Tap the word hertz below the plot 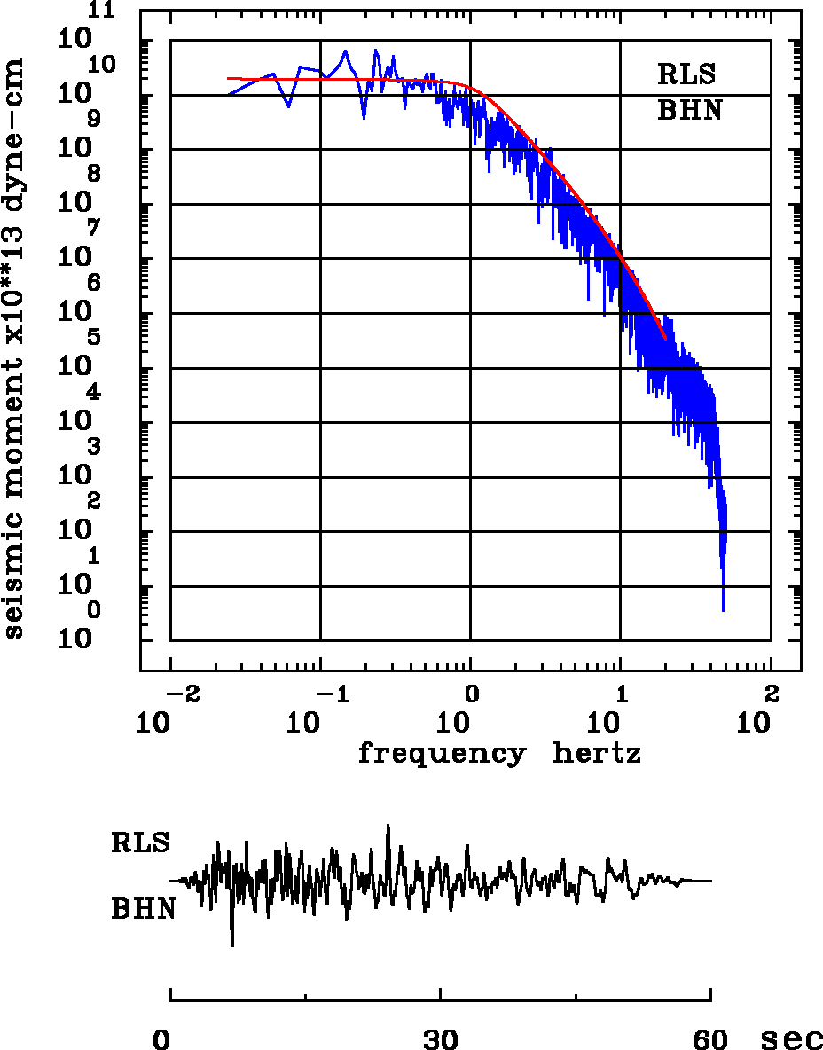click(x=596, y=754)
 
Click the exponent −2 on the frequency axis click(x=180, y=693)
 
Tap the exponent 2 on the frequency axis click(x=771, y=693)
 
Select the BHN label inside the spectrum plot click(x=689, y=110)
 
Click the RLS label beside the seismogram click(x=140, y=842)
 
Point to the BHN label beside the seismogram click(x=142, y=909)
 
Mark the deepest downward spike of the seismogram click(x=232, y=945)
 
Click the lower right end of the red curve click(x=665, y=339)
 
